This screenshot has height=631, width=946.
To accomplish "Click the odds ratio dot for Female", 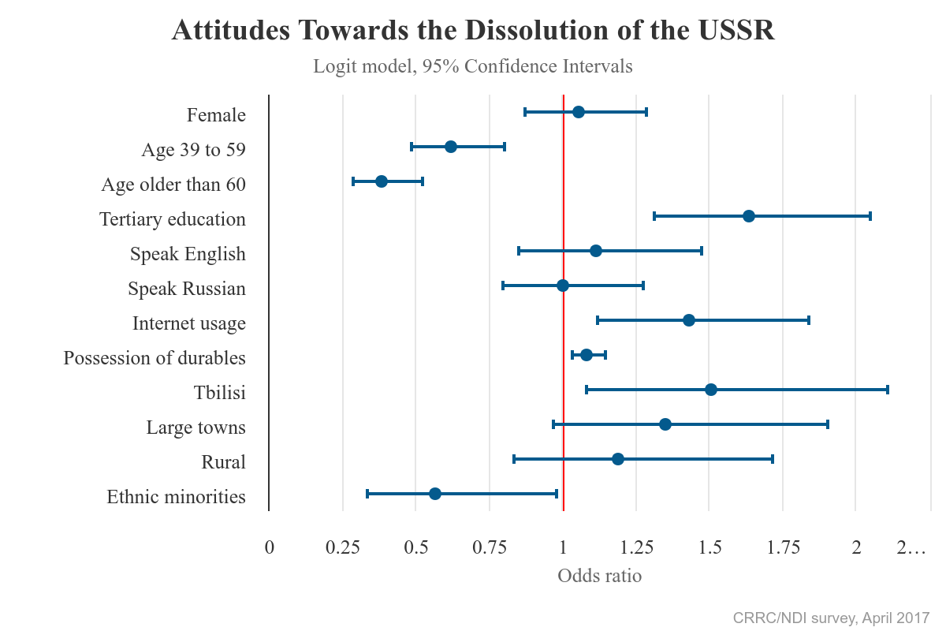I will click(x=579, y=112).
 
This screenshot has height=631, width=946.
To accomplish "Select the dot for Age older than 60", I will click(x=382, y=181).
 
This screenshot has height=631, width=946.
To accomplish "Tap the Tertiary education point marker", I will click(x=749, y=216).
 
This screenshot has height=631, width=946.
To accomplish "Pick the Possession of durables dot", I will click(x=587, y=355).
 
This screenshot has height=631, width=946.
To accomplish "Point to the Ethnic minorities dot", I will click(x=435, y=494).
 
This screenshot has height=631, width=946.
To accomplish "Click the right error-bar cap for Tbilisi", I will click(x=888, y=390).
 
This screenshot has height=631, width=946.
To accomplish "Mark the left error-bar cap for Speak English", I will click(x=519, y=251).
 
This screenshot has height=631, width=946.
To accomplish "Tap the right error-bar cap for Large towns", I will click(x=828, y=424).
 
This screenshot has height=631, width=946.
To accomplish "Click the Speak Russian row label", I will click(x=187, y=289).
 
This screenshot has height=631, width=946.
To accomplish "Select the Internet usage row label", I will click(x=189, y=323).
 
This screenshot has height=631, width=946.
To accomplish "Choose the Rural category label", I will click(x=224, y=462).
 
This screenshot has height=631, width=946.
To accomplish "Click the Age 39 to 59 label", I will click(x=194, y=150).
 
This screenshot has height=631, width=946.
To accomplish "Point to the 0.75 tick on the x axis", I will click(x=490, y=548).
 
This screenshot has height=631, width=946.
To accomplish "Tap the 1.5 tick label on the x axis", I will click(x=710, y=548).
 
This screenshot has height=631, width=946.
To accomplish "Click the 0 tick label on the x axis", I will click(x=270, y=548).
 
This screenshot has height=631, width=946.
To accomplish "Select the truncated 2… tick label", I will click(x=911, y=548).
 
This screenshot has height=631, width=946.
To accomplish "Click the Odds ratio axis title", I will click(x=599, y=576).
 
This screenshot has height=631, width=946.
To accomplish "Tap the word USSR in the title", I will click(x=736, y=31).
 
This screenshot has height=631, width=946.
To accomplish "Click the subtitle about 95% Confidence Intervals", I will click(x=473, y=66).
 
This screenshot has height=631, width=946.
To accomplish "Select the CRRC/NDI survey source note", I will click(x=831, y=617).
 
